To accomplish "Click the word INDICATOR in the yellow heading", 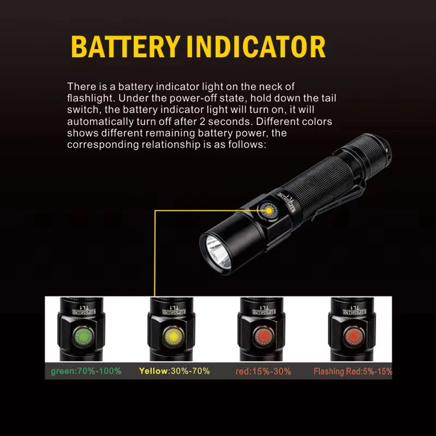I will click(x=256, y=47).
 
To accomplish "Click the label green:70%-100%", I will click(x=86, y=371).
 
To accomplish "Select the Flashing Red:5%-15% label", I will click(x=353, y=371).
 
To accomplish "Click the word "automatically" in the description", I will click(x=96, y=122).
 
